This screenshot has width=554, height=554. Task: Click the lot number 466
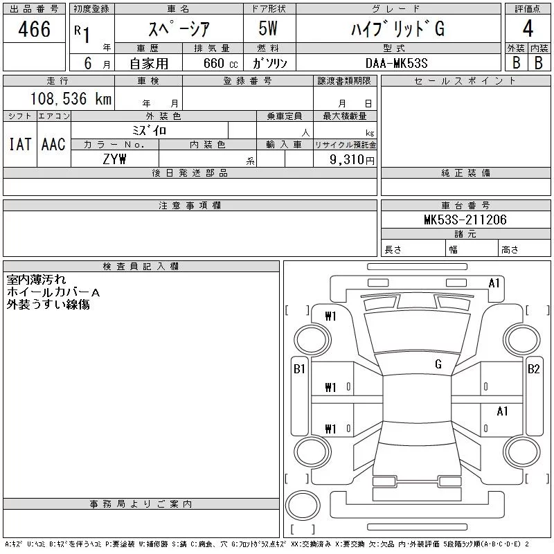click(34, 29)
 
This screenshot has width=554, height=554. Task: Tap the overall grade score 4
click(528, 28)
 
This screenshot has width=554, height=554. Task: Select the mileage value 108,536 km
click(71, 98)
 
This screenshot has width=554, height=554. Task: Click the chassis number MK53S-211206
click(465, 220)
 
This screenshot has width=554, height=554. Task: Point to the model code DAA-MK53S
click(397, 63)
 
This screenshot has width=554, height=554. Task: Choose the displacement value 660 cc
click(221, 63)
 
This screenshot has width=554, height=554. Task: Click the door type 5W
click(268, 28)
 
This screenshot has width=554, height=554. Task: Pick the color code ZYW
click(114, 159)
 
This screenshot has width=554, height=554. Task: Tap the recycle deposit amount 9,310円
click(352, 160)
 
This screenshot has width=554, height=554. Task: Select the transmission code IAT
click(20, 144)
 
